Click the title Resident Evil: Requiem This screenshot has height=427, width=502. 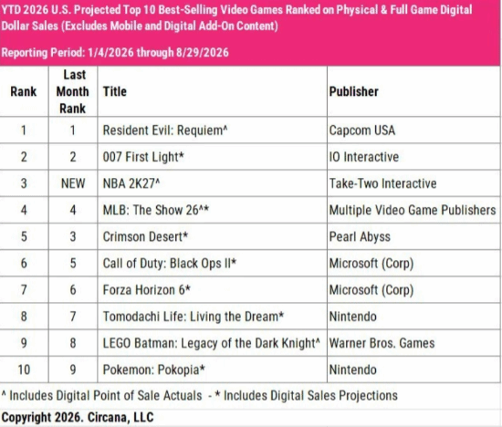[x=165, y=130]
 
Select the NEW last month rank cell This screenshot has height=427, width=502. [x=73, y=183]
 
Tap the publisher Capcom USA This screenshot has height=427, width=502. [x=362, y=130]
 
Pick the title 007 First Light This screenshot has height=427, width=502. [x=143, y=157]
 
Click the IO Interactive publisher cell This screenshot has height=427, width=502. [x=364, y=157]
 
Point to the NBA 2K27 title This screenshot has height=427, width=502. [x=131, y=183]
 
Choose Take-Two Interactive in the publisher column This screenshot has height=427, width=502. [x=383, y=183]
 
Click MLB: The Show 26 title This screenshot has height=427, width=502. [x=155, y=210]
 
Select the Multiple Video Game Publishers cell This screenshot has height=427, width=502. [x=413, y=210]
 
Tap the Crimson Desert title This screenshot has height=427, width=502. [x=145, y=236]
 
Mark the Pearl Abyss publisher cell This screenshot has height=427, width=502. [x=360, y=237]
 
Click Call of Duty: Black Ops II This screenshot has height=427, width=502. [x=170, y=263]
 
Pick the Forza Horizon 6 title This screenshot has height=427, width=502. [x=147, y=289]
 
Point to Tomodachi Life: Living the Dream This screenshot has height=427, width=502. [x=193, y=317]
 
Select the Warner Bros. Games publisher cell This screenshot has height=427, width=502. [x=382, y=343]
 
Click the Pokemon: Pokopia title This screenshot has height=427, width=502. [x=153, y=370]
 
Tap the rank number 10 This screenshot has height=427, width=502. [x=24, y=370]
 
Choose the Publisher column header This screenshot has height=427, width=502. [x=354, y=91]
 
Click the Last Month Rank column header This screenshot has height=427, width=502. [x=73, y=91]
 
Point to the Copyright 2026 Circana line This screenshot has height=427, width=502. [x=78, y=417]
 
